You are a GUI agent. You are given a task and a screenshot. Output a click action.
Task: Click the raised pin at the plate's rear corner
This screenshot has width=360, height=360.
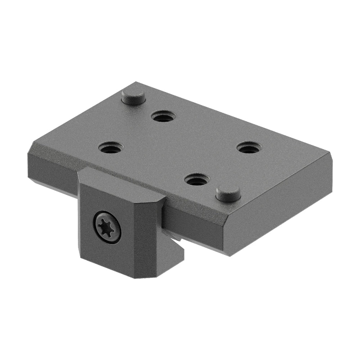click(133, 96)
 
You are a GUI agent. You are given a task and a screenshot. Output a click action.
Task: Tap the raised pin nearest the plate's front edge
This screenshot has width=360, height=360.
click(228, 193)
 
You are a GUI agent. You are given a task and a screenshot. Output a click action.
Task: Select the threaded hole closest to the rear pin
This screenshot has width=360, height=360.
click(163, 117)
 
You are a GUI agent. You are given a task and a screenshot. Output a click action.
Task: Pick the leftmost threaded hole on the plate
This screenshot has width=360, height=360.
click(111, 148)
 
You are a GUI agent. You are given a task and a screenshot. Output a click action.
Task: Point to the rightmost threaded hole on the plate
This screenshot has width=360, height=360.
click(249, 148)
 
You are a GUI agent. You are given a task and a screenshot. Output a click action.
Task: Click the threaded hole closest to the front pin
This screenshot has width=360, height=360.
click(197, 179)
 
